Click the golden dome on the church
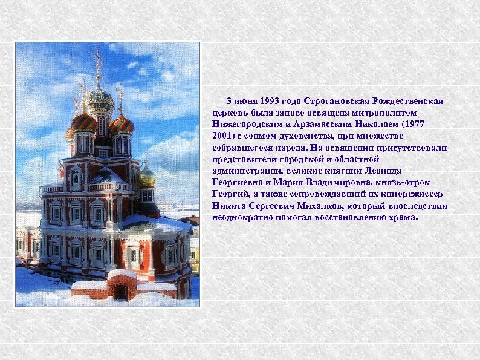click(146, 176)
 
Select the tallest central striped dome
click(99, 99)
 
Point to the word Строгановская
click(339, 100)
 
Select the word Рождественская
click(409, 100)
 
